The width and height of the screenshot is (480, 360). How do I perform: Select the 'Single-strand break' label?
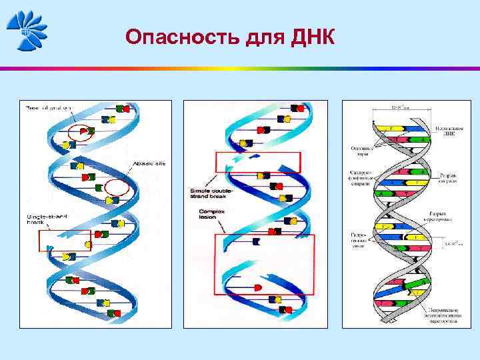click(43, 219)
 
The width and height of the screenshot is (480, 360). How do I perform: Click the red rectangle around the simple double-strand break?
click(258, 162)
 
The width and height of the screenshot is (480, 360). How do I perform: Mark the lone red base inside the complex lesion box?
click(258, 287)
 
